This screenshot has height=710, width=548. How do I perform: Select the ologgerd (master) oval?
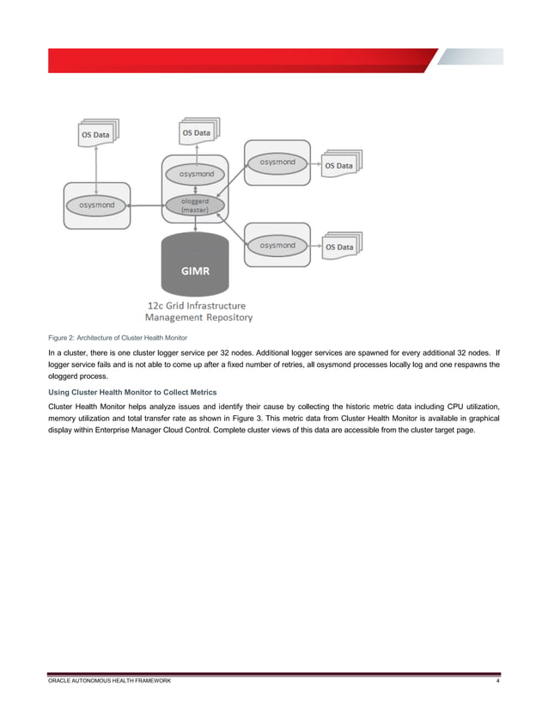coord(196,205)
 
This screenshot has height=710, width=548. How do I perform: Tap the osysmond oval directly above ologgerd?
coord(196,173)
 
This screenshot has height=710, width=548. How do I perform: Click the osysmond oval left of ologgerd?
coord(96,205)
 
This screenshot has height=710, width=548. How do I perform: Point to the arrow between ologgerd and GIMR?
coord(196,223)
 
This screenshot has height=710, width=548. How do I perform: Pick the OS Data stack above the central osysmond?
coord(197,133)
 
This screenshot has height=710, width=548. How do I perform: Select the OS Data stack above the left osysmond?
coord(94,134)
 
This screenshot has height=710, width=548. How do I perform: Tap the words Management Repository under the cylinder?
coord(198,317)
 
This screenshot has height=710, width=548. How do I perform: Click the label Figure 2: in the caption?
coord(63,336)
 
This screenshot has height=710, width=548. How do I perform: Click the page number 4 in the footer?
coord(498,681)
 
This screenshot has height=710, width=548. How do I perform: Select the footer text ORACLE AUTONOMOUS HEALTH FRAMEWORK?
coord(109,681)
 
